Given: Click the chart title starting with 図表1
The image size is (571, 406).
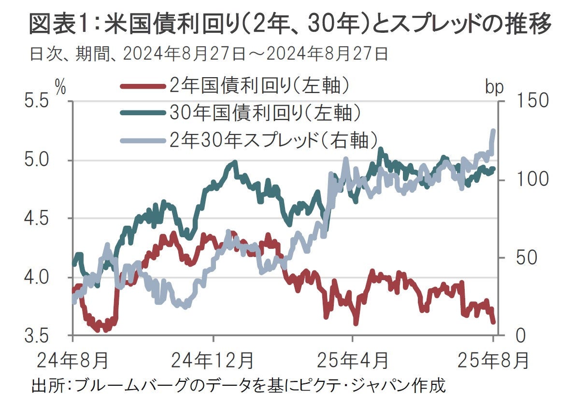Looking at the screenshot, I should pos(290,24).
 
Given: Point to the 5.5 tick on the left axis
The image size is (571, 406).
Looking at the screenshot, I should pos(37,102).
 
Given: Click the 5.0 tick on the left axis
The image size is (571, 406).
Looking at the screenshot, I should pos(37,160).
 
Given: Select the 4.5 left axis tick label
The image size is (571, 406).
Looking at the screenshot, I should pos(37,218).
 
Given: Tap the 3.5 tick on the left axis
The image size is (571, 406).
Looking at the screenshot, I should pos(37,335).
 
